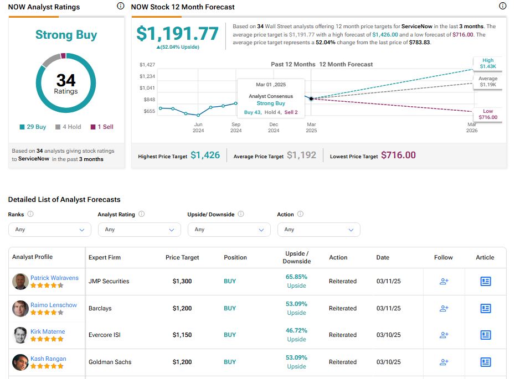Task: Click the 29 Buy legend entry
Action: point(33,127)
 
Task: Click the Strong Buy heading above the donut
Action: point(66,35)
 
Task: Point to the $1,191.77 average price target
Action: point(178,34)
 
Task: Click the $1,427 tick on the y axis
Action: point(147,65)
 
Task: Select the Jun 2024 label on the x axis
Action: point(198,127)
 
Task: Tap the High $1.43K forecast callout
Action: point(488,64)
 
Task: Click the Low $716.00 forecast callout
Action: point(488,114)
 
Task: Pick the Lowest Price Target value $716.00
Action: point(398,155)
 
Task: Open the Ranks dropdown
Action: point(50,230)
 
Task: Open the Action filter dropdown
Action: point(318,230)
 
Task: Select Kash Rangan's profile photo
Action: point(20,362)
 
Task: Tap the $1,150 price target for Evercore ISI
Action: point(182,335)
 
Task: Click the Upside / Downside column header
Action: point(296,257)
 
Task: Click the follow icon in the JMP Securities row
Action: point(444,281)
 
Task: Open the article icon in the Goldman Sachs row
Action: point(486,362)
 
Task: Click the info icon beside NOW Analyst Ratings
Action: point(121,7)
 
